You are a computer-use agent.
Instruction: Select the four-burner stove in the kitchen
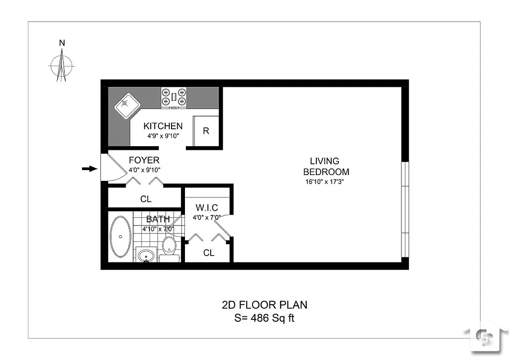(x=174, y=97)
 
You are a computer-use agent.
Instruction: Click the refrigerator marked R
(x=206, y=131)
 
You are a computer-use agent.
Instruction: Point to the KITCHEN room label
(x=163, y=126)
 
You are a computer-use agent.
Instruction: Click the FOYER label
(x=144, y=160)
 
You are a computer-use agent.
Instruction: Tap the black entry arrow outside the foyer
(x=90, y=169)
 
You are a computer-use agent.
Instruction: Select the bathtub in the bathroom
(x=120, y=237)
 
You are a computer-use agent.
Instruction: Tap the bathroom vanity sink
(x=146, y=256)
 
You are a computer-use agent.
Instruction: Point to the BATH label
(x=158, y=220)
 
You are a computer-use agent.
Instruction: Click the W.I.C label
(x=207, y=208)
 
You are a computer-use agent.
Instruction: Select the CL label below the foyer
(x=146, y=199)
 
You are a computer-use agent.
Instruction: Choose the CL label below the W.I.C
(x=209, y=253)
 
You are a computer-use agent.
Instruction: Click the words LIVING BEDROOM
(x=326, y=166)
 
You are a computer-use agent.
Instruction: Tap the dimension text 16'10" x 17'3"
(x=326, y=182)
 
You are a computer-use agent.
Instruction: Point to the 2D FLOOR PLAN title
(x=265, y=305)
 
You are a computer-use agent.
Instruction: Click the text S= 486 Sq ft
(x=265, y=318)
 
